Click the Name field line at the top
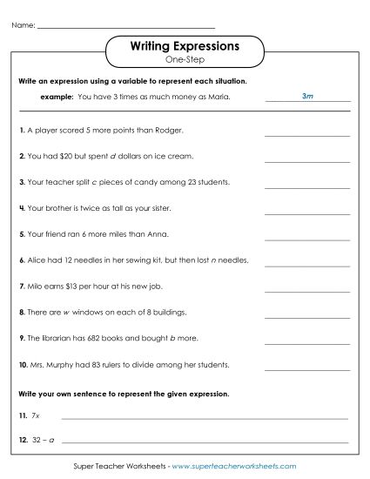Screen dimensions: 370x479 126,27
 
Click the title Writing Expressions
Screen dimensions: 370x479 184,44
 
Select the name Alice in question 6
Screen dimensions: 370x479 37,260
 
